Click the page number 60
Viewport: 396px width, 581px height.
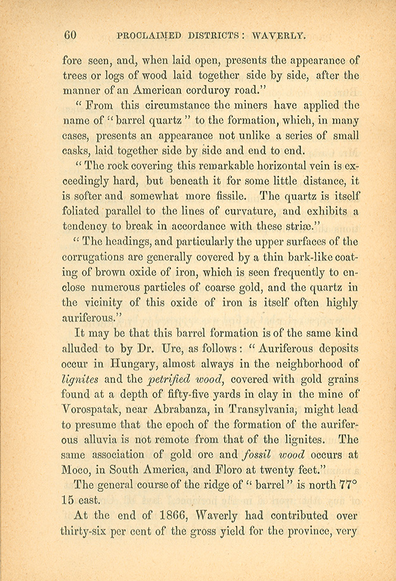pos(70,36)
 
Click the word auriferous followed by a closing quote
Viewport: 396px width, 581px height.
pos(92,318)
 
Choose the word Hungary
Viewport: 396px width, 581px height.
pos(132,363)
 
